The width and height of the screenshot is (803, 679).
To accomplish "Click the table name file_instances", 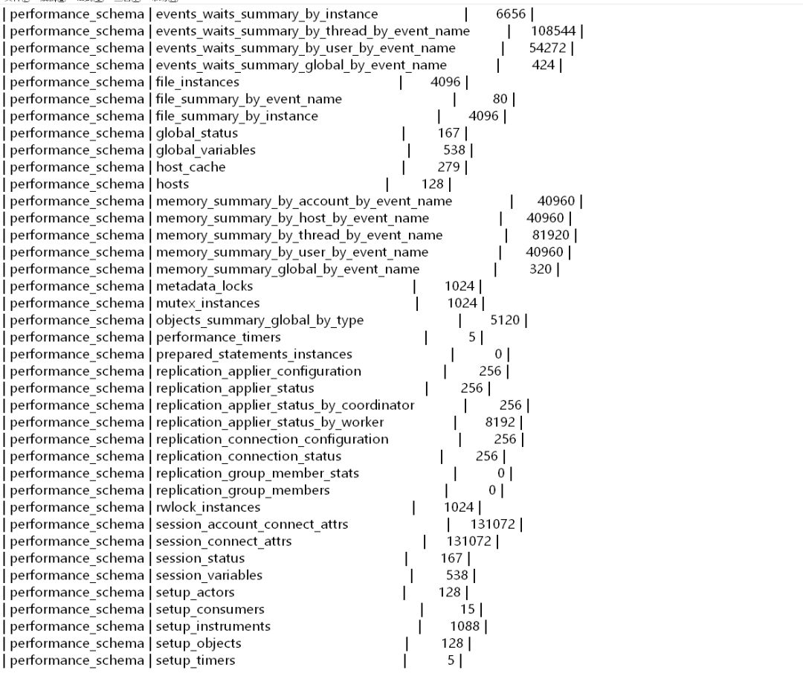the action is [198, 82].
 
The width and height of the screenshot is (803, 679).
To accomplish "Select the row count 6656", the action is [512, 14].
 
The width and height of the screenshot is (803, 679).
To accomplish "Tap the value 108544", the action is [555, 31].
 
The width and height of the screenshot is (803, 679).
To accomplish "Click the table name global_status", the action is [197, 133].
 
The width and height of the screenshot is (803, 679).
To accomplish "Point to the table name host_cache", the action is [190, 167].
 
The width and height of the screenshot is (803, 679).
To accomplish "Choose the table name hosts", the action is [172, 184].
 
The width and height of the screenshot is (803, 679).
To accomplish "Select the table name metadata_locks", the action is [204, 286].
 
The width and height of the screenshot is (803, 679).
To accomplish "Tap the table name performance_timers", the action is [219, 338].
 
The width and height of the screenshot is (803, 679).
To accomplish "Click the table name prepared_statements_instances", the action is [254, 355].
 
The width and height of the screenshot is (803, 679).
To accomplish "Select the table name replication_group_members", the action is [243, 491].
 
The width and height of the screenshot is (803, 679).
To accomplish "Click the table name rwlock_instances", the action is [208, 508].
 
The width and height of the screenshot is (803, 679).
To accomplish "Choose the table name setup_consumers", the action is [210, 610].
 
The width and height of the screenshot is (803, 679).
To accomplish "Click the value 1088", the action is [465, 627].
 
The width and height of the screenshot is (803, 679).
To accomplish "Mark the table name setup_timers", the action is [196, 661].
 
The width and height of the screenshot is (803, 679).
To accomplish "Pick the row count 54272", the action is [549, 48].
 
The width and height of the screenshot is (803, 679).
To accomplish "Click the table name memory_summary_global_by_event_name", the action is [288, 269].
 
